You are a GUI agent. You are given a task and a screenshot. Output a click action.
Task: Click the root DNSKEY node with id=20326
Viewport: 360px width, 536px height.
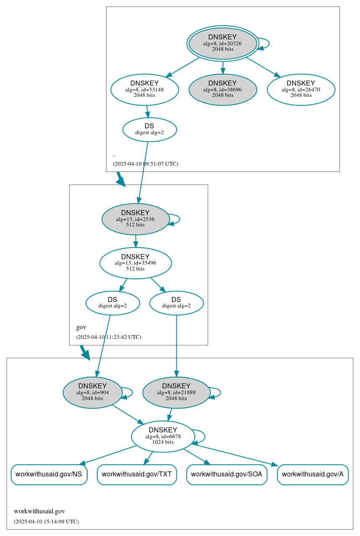(223, 43)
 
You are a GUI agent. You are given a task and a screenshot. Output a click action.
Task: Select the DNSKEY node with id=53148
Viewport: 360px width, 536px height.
(145, 89)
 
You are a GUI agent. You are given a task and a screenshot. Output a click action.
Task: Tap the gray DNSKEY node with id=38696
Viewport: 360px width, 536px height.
(223, 89)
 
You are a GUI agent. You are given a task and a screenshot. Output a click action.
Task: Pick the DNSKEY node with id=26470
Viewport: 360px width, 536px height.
(301, 89)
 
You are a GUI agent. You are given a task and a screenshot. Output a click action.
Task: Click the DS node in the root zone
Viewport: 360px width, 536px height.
(150, 129)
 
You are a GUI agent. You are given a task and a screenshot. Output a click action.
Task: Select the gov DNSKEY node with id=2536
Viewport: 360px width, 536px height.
(135, 219)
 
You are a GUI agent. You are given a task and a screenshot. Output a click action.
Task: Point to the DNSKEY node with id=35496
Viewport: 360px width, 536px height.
(135, 263)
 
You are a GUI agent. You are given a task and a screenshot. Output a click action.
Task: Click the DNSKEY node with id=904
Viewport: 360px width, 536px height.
(93, 393)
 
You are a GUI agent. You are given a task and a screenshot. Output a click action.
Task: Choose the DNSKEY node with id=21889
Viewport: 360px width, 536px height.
(176, 393)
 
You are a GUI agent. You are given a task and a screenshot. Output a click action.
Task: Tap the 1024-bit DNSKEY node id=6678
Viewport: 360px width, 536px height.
(163, 436)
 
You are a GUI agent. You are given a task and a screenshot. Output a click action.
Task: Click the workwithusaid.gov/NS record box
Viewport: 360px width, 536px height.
(49, 474)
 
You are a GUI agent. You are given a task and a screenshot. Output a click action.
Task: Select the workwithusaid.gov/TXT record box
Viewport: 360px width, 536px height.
(137, 474)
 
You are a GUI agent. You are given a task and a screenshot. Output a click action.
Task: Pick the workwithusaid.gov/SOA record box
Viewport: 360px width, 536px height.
(227, 474)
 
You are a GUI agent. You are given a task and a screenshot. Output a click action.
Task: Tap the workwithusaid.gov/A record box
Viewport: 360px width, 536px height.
(313, 474)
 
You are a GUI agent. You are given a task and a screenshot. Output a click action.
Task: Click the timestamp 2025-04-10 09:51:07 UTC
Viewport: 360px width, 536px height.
(145, 164)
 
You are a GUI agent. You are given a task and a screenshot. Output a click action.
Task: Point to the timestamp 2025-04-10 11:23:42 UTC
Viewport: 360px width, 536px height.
(109, 337)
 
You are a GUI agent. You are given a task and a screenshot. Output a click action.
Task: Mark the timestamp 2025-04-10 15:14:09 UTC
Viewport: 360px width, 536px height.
(46, 521)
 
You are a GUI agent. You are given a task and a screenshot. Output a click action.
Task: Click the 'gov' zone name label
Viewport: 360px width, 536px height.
(81, 327)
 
